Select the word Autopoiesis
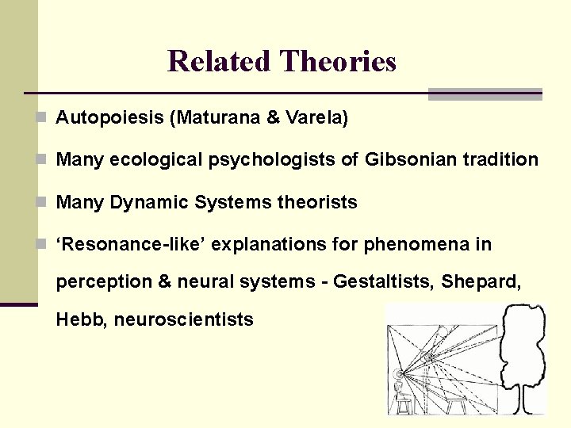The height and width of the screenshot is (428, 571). click(x=109, y=118)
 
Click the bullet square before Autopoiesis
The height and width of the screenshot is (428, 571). click(x=42, y=118)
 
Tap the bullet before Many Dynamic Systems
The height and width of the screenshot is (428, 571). click(x=42, y=202)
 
